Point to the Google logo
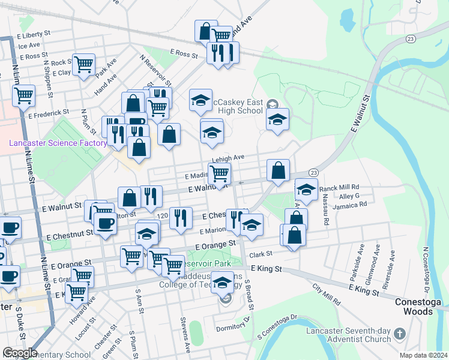[x=19, y=353]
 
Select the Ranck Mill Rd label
[x=339, y=187]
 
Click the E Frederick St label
[x=49, y=113]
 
